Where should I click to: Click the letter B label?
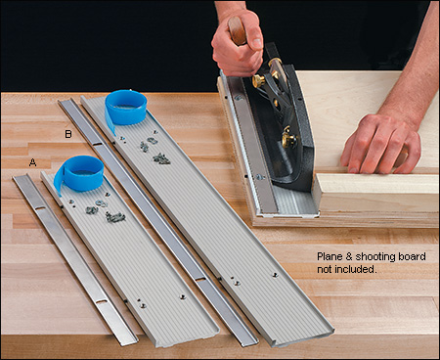67,133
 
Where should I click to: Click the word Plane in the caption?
330,257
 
